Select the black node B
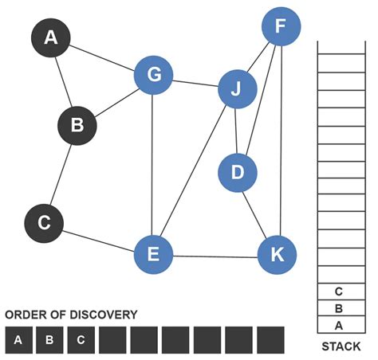pyautogui.click(x=77, y=125)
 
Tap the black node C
pyautogui.click(x=45, y=224)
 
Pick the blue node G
pyautogui.click(x=154, y=75)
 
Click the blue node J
pyautogui.click(x=237, y=91)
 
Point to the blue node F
pyautogui.click(x=281, y=27)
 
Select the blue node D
pyautogui.click(x=237, y=171)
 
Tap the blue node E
pyautogui.click(x=153, y=255)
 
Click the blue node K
pyautogui.click(x=277, y=255)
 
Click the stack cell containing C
pyautogui.click(x=339, y=292)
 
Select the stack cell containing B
pyautogui.click(x=339, y=308)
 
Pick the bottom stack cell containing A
pyautogui.click(x=339, y=325)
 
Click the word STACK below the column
pyautogui.click(x=341, y=346)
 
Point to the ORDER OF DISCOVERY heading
pyautogui.click(x=71, y=315)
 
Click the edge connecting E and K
pyautogui.click(x=215, y=256)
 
